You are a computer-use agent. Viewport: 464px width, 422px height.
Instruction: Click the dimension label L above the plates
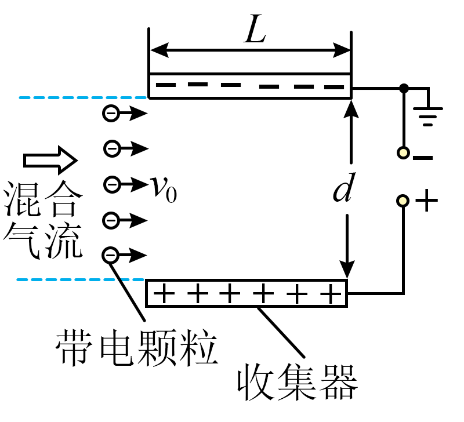255,28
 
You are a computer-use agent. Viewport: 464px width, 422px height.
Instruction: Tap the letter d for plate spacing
344,187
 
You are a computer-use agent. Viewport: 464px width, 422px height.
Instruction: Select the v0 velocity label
164,188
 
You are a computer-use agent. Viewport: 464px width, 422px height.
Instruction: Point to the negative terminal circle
403,153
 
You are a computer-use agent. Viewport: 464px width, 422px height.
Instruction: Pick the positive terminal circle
403,201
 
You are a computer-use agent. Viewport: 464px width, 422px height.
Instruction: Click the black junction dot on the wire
404,88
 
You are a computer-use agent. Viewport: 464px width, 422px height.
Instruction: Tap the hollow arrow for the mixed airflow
50,161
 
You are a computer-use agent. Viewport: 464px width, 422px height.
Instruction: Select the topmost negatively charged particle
111,113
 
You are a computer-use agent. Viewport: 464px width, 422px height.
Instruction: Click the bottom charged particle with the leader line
110,255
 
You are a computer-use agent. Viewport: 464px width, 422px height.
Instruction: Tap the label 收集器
298,382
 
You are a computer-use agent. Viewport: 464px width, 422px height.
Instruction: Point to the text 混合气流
43,220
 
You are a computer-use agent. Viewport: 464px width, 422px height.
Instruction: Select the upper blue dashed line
83,97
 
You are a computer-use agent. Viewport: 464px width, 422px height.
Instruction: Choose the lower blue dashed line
81,279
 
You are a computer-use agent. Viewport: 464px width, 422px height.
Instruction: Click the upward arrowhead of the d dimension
351,109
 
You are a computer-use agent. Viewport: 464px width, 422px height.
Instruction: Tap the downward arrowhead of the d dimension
347,270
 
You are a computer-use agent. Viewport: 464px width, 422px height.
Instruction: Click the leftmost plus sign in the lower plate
164,293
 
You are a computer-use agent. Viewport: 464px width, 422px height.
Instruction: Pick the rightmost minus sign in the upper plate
334,87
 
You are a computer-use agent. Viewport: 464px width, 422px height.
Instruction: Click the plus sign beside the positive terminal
426,201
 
